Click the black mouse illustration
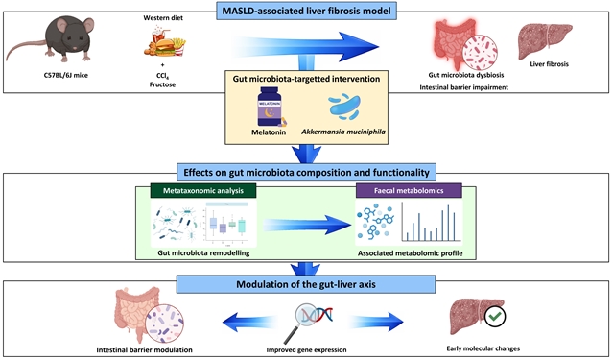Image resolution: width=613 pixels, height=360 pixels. (x=62, y=39)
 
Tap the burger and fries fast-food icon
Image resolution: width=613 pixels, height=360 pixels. (x=165, y=41)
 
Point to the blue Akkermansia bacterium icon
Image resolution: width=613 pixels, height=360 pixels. (x=344, y=107)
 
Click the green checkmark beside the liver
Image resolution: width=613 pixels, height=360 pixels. (x=495, y=316)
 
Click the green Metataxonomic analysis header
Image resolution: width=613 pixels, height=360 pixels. (x=203, y=191)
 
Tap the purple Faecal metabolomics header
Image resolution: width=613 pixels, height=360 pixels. (x=409, y=191)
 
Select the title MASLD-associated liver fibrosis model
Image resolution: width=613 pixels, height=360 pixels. (x=307, y=11)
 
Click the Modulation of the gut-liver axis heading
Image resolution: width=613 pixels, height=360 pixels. (x=306, y=284)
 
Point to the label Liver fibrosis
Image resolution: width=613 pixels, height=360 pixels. (x=550, y=64)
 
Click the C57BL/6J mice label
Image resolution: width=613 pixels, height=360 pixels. (x=66, y=75)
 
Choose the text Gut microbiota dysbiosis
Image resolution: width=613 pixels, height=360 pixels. (x=466, y=75)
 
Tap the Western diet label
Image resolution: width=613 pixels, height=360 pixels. (x=163, y=18)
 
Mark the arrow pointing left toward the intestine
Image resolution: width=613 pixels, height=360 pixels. (x=249, y=322)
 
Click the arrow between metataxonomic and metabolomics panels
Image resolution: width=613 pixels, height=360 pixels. (x=307, y=225)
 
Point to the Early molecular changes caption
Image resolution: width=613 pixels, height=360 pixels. (x=483, y=348)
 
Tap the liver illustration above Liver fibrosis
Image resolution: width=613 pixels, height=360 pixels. (x=545, y=41)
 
